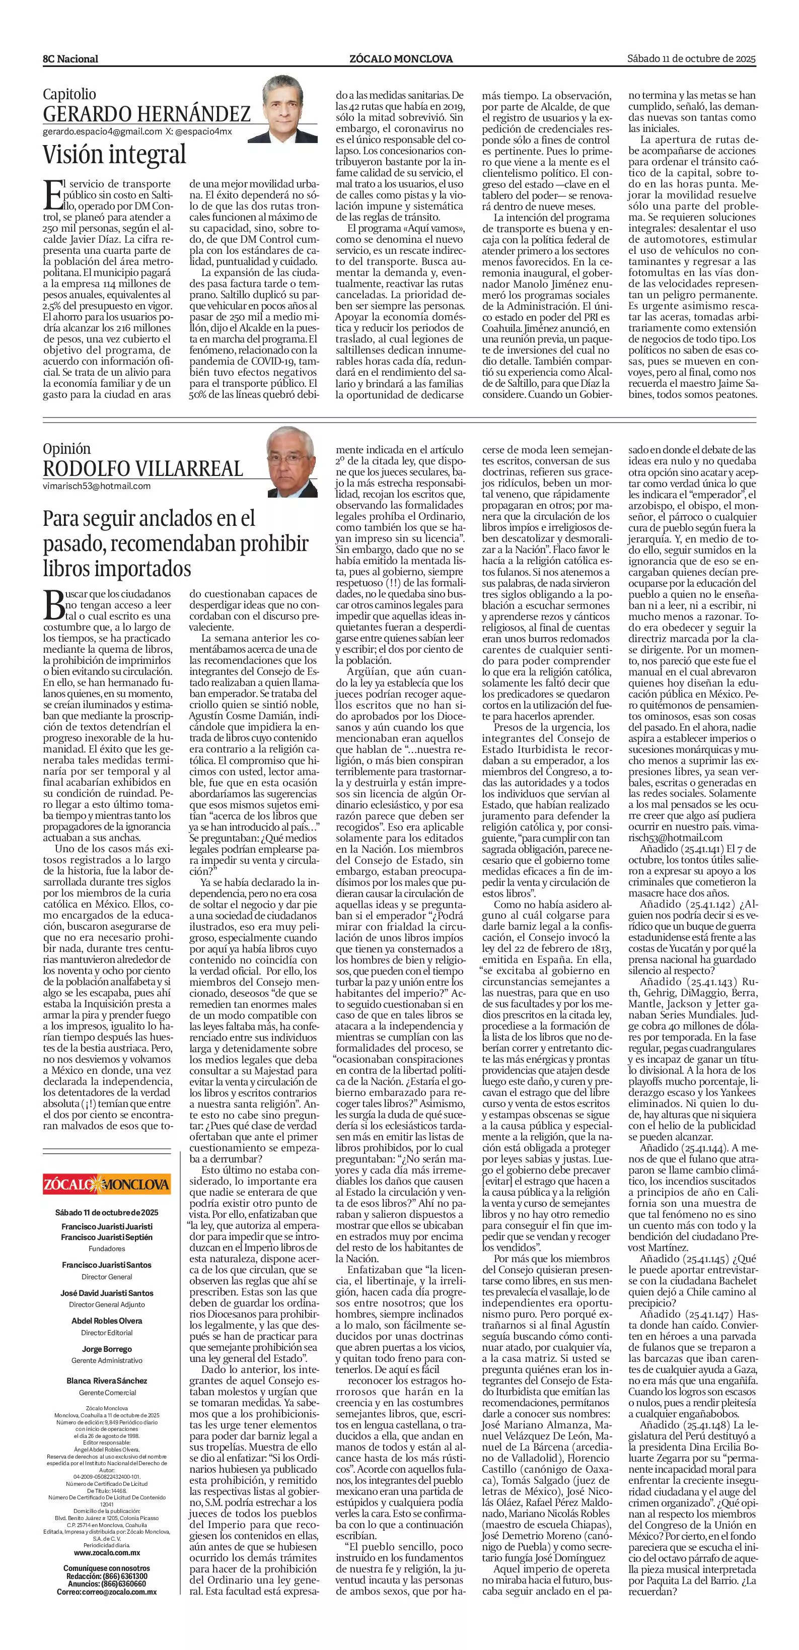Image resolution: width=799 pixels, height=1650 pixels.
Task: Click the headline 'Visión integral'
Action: click(x=114, y=154)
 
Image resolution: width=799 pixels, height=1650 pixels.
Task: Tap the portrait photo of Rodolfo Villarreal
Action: click(x=292, y=462)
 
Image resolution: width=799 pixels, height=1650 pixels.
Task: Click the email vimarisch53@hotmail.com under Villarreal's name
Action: click(x=97, y=486)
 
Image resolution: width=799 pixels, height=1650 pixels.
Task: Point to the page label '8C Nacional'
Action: click(x=70, y=59)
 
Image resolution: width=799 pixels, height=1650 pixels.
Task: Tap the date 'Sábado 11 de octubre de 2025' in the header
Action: click(x=691, y=58)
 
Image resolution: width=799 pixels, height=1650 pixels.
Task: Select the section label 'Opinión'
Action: click(x=66, y=448)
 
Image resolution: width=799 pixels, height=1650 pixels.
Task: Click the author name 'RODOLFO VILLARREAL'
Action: click(x=143, y=468)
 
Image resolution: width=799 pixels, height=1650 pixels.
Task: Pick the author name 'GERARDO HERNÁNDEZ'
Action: click(x=147, y=114)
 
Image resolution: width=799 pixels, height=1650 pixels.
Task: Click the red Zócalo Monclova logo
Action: click(x=107, y=1183)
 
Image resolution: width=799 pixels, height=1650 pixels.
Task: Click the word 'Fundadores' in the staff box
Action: click(x=107, y=1249)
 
